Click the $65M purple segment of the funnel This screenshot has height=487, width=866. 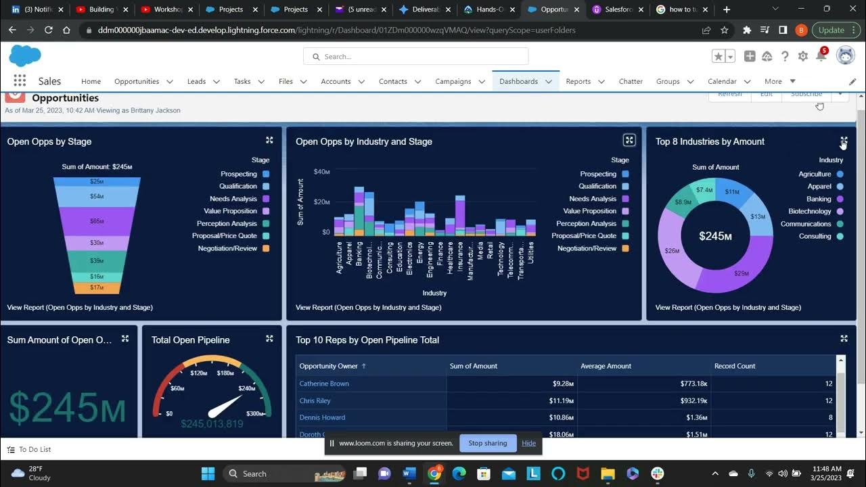coord(97,221)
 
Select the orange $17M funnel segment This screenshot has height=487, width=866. coord(97,287)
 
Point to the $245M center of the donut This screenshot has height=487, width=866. coord(715,236)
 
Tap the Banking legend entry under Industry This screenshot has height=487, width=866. coord(819,199)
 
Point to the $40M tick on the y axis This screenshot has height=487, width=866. coord(321,172)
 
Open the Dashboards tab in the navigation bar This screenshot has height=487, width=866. coord(518,81)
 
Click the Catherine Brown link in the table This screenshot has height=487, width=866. coord(324,384)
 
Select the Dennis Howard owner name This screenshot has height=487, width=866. coord(322,417)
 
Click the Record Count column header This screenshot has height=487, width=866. coord(735,366)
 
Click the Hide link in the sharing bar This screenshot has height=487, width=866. coord(528,443)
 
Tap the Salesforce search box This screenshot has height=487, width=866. coord(415,57)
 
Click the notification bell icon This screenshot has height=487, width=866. coord(821,57)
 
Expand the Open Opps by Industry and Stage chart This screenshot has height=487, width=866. coord(629,140)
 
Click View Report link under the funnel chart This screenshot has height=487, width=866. coord(80,307)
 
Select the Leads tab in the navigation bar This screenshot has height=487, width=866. coord(196,81)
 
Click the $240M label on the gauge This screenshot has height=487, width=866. coord(246,388)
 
